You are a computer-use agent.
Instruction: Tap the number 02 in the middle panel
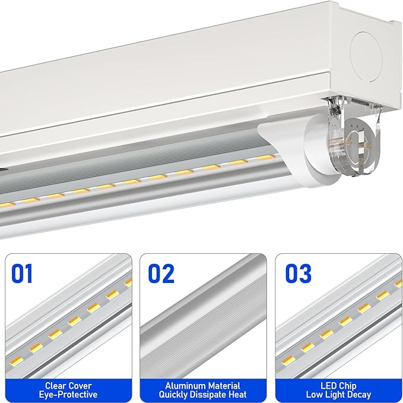click(x=161, y=273)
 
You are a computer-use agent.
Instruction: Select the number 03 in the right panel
click(x=298, y=273)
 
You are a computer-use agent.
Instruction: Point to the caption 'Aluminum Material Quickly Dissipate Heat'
click(x=202, y=390)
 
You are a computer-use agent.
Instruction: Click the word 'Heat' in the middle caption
click(x=236, y=395)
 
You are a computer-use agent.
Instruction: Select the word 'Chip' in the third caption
click(x=347, y=386)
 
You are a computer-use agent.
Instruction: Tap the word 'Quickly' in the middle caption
click(x=175, y=395)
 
